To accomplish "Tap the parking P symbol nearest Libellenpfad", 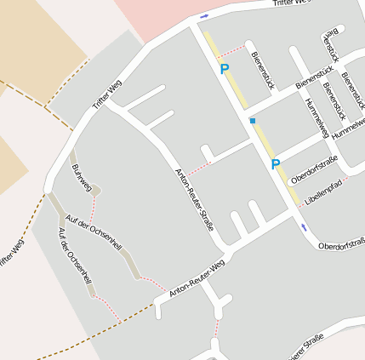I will [275, 164].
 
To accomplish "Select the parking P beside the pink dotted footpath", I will [225, 69].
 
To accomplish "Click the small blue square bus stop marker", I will [253, 121].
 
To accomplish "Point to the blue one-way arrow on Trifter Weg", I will [204, 16].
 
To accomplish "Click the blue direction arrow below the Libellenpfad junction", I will [304, 226].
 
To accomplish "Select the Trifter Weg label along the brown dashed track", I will [10, 255].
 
